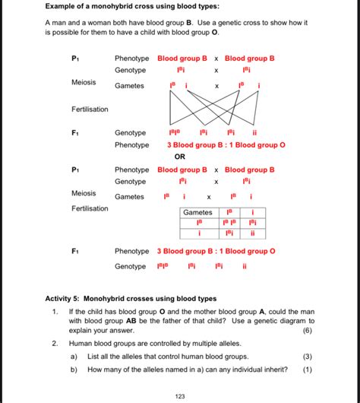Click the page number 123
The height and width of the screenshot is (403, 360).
[x=180, y=395]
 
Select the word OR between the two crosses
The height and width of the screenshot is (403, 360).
[x=180, y=157]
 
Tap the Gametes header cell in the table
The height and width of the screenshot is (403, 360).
[x=197, y=212]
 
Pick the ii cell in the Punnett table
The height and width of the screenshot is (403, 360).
[x=252, y=233]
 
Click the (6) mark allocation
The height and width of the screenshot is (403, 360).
[x=307, y=332]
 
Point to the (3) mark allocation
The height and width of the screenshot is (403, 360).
[x=307, y=356]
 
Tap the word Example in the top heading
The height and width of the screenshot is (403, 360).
[x=62, y=7]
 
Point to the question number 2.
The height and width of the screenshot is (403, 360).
[x=55, y=344]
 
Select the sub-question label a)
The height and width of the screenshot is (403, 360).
[x=74, y=356]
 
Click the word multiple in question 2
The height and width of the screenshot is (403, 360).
[x=207, y=344]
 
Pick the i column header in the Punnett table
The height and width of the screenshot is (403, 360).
[x=252, y=212]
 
